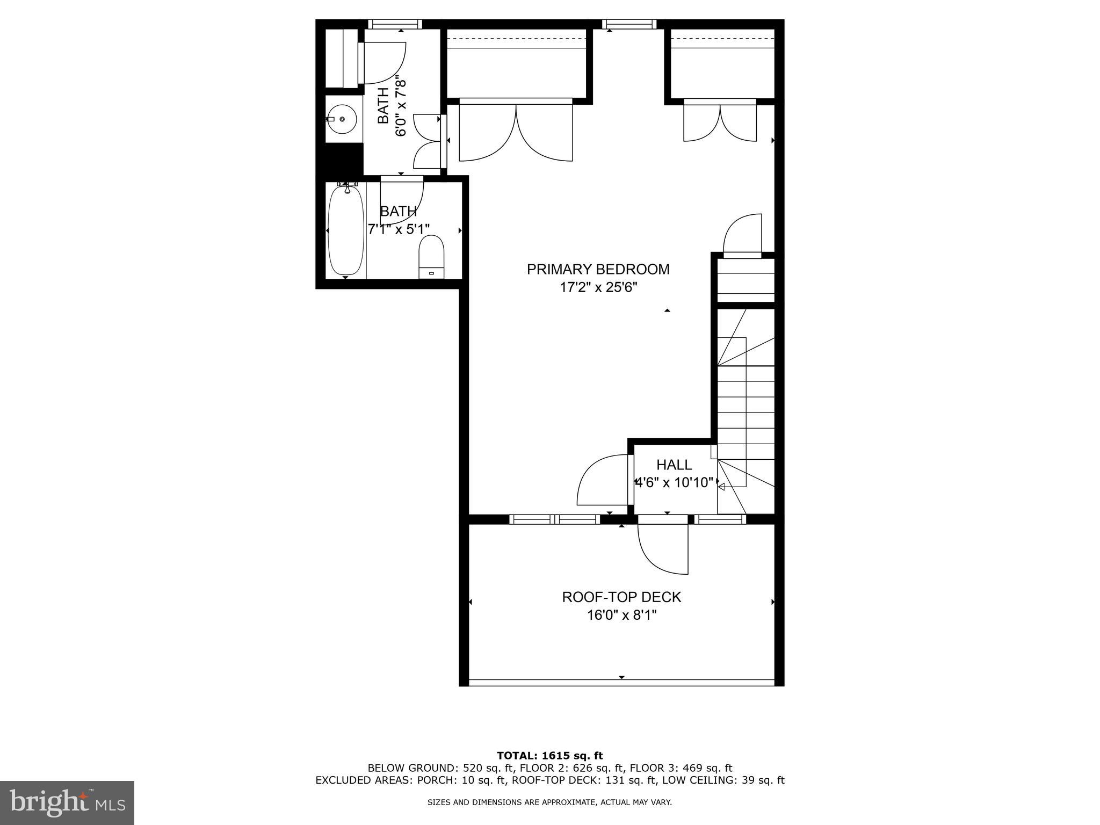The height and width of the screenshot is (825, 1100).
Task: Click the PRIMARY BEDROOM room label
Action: coord(598,269)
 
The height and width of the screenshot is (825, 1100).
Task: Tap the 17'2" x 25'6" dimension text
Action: coord(598,288)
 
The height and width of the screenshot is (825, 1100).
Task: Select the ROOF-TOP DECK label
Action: coord(621,597)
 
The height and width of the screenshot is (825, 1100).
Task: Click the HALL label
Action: coord(674,465)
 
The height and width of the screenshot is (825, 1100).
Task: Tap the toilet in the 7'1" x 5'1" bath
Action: coord(431,257)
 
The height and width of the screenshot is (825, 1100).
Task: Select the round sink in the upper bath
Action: coord(342,119)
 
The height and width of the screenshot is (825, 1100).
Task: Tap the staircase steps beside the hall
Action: coord(747,408)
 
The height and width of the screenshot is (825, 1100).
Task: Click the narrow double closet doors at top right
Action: coord(720,122)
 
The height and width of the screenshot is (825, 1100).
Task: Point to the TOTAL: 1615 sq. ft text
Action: coord(549,756)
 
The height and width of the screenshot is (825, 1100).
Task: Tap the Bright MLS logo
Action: coord(67,802)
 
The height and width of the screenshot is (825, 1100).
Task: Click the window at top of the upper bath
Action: coord(395,24)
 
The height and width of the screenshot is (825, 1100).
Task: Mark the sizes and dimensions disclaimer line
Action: coord(549,802)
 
